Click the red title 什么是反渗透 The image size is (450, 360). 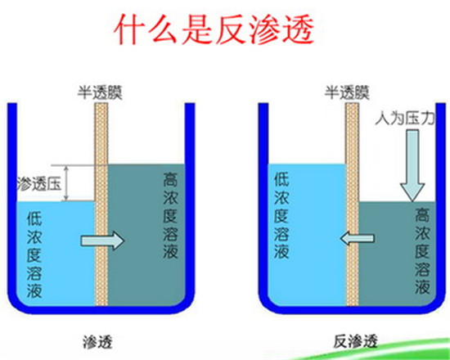(x=214, y=29)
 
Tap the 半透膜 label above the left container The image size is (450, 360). (x=100, y=92)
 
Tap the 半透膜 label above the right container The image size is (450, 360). (x=347, y=92)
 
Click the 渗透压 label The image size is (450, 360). (x=39, y=183)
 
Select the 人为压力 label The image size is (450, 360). (x=405, y=118)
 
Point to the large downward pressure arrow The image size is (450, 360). (x=412, y=165)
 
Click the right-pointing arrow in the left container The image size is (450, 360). (x=102, y=241)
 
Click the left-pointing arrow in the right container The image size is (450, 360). (x=358, y=238)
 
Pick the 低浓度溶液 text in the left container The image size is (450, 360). (x=34, y=254)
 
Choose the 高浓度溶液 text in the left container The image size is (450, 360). (x=170, y=216)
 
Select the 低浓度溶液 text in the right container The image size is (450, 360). (x=281, y=216)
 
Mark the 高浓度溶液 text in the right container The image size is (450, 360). (x=422, y=251)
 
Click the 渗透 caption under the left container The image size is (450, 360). (x=97, y=342)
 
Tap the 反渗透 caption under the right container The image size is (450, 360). (x=355, y=341)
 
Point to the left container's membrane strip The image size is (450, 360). (x=101, y=204)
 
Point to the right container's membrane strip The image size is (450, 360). (x=352, y=204)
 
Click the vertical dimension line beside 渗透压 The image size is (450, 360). (x=66, y=183)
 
